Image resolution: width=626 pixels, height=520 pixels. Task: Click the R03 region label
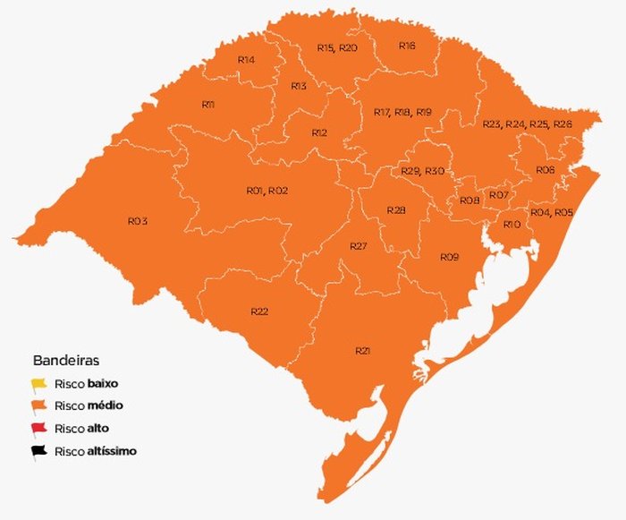[x=137, y=220]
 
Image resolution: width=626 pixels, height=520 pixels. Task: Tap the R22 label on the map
[x=259, y=311]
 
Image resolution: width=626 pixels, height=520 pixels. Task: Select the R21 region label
[x=362, y=350]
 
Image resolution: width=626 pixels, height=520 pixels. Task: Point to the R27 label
[x=359, y=246]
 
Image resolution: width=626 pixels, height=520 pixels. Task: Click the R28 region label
[x=396, y=209]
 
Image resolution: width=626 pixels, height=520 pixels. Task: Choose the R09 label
[x=449, y=257]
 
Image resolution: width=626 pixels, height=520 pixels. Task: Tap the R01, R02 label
[x=266, y=191]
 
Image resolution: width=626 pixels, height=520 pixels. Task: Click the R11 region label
[x=207, y=105]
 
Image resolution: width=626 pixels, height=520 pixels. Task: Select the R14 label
[x=246, y=59]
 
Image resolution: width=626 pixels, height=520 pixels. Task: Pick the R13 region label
[x=299, y=86]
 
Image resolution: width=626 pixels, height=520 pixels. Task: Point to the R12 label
[x=319, y=132]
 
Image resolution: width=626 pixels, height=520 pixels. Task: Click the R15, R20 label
[x=337, y=47]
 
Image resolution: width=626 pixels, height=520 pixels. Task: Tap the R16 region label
[x=407, y=45]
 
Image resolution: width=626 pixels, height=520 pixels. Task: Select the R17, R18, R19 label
[x=402, y=112]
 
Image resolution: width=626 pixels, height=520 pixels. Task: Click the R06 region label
[x=545, y=170]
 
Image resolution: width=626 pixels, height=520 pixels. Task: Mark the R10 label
[x=512, y=224]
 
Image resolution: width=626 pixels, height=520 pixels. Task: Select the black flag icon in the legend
[x=39, y=451]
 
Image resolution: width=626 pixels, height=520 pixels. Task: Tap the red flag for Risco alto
[x=39, y=429]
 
